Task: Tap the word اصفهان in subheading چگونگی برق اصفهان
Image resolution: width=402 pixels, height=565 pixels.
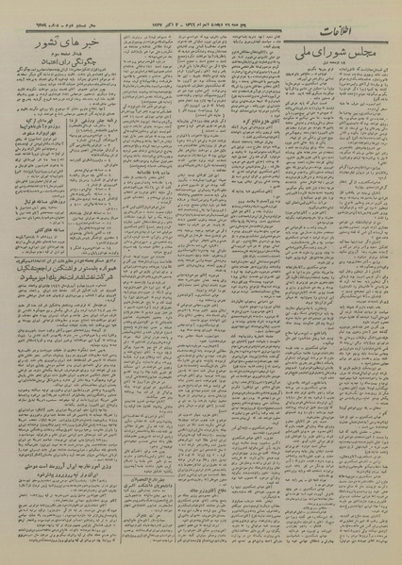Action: pos(47,77)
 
